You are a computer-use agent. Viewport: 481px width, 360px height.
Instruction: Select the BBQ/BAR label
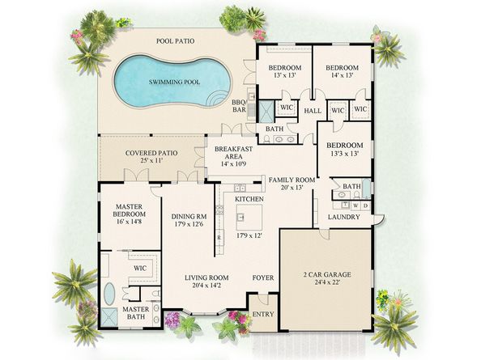coord(239,106)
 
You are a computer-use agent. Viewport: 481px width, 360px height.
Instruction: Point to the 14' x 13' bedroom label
coord(342,72)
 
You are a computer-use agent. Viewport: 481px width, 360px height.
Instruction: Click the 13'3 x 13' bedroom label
coord(343,150)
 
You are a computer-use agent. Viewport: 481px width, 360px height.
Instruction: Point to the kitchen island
coord(249,217)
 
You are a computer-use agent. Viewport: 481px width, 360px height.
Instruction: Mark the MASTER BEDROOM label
coord(129,212)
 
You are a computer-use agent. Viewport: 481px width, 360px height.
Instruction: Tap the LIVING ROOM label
coord(203,281)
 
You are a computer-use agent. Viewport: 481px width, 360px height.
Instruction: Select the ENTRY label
coord(262,315)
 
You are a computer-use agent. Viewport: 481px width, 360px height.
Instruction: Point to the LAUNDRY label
coord(343,217)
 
